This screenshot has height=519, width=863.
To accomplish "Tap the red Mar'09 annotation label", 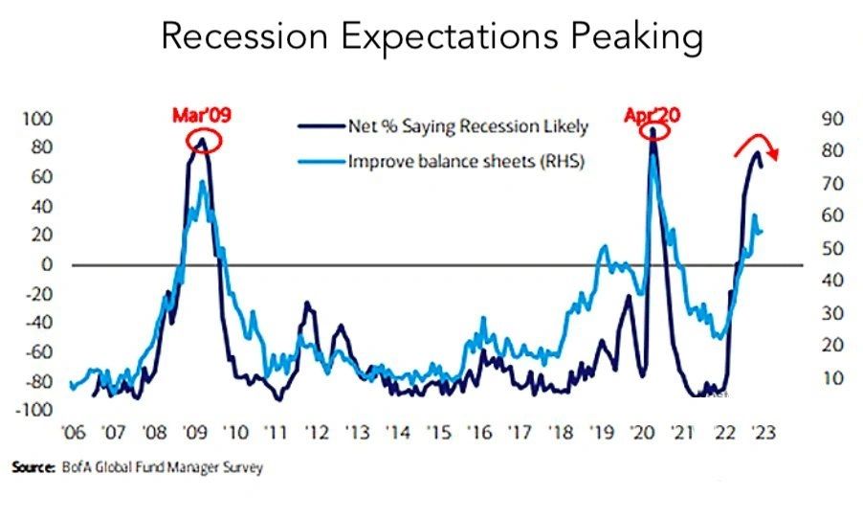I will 201,116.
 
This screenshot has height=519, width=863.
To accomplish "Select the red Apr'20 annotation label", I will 653,116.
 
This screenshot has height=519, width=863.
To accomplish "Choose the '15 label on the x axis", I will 435,432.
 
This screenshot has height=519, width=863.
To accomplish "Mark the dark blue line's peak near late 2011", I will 307,304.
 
